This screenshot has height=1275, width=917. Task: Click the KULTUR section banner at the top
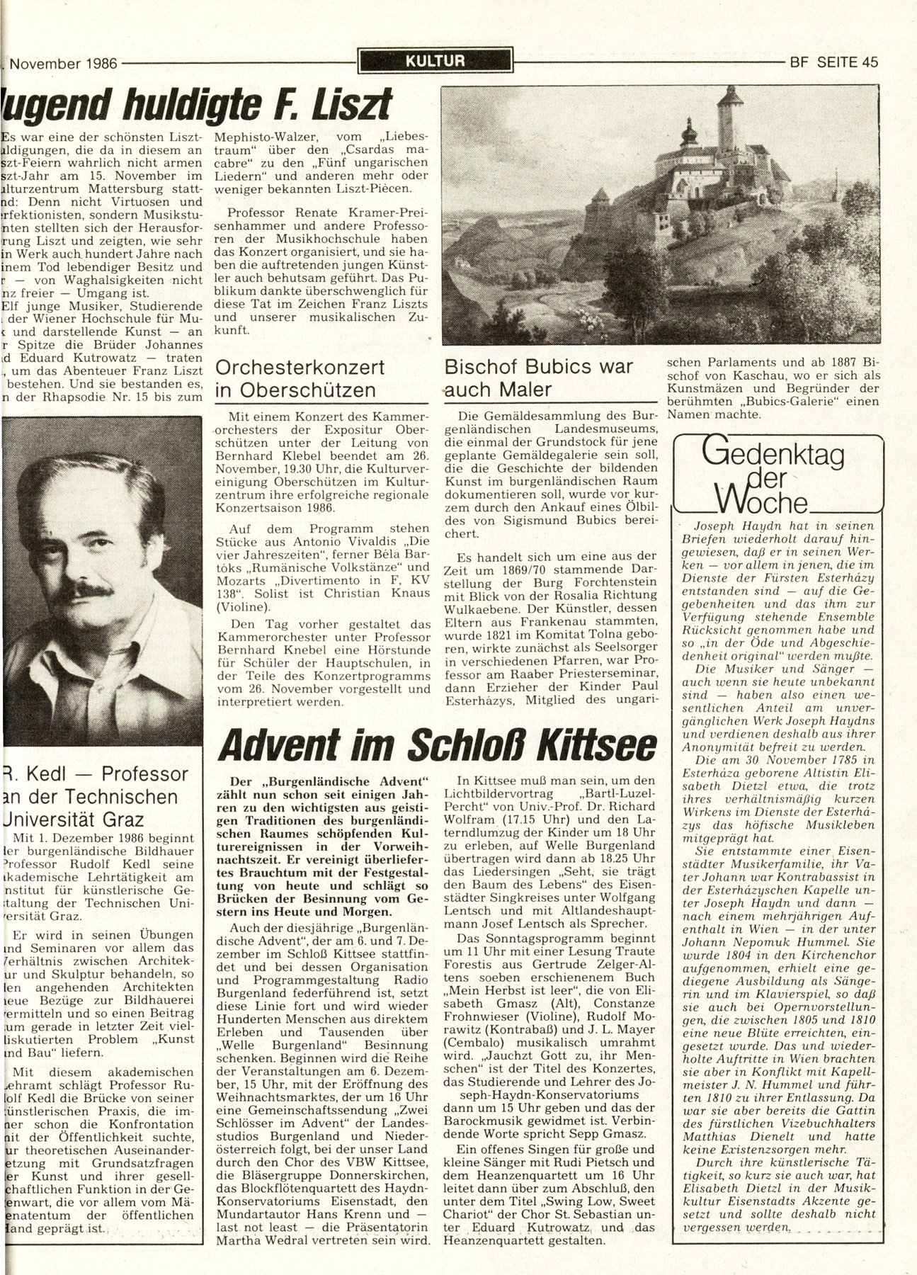435,61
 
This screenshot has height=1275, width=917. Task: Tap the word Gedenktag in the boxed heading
772,455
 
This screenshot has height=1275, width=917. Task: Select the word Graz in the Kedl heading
121,820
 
